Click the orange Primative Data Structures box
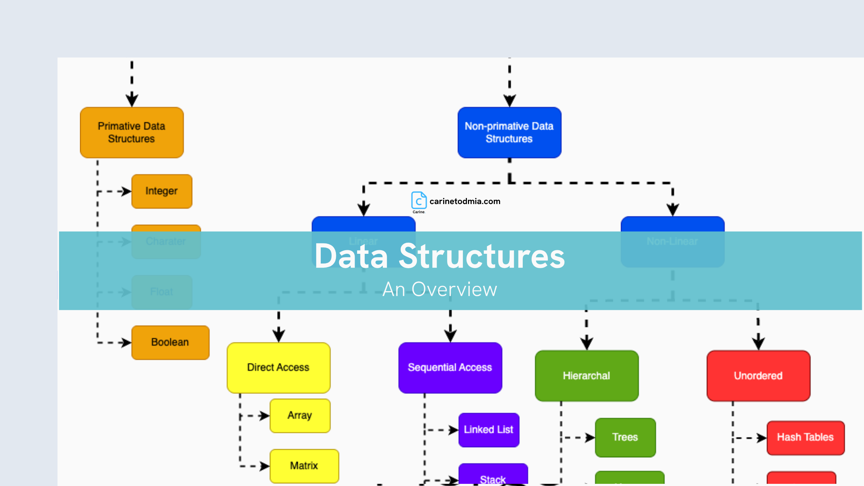pos(132,132)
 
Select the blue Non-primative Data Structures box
pos(509,132)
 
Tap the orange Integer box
pos(162,191)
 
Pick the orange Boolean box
pos(170,342)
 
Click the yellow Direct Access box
pos(278,368)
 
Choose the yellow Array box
pos(300,415)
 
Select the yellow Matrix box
pos(304,466)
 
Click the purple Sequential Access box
pos(450,368)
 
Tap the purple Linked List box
pos(489,430)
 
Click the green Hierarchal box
pos(586,376)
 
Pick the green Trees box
pos(625,437)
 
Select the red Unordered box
pos(758,376)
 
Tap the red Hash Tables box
pos(805,437)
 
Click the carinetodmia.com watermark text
pos(465,201)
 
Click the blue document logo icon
pos(419,201)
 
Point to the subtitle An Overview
pos(440,289)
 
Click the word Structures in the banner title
pos(482,256)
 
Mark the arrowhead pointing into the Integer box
pos(126,191)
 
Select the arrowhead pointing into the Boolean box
pos(126,342)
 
